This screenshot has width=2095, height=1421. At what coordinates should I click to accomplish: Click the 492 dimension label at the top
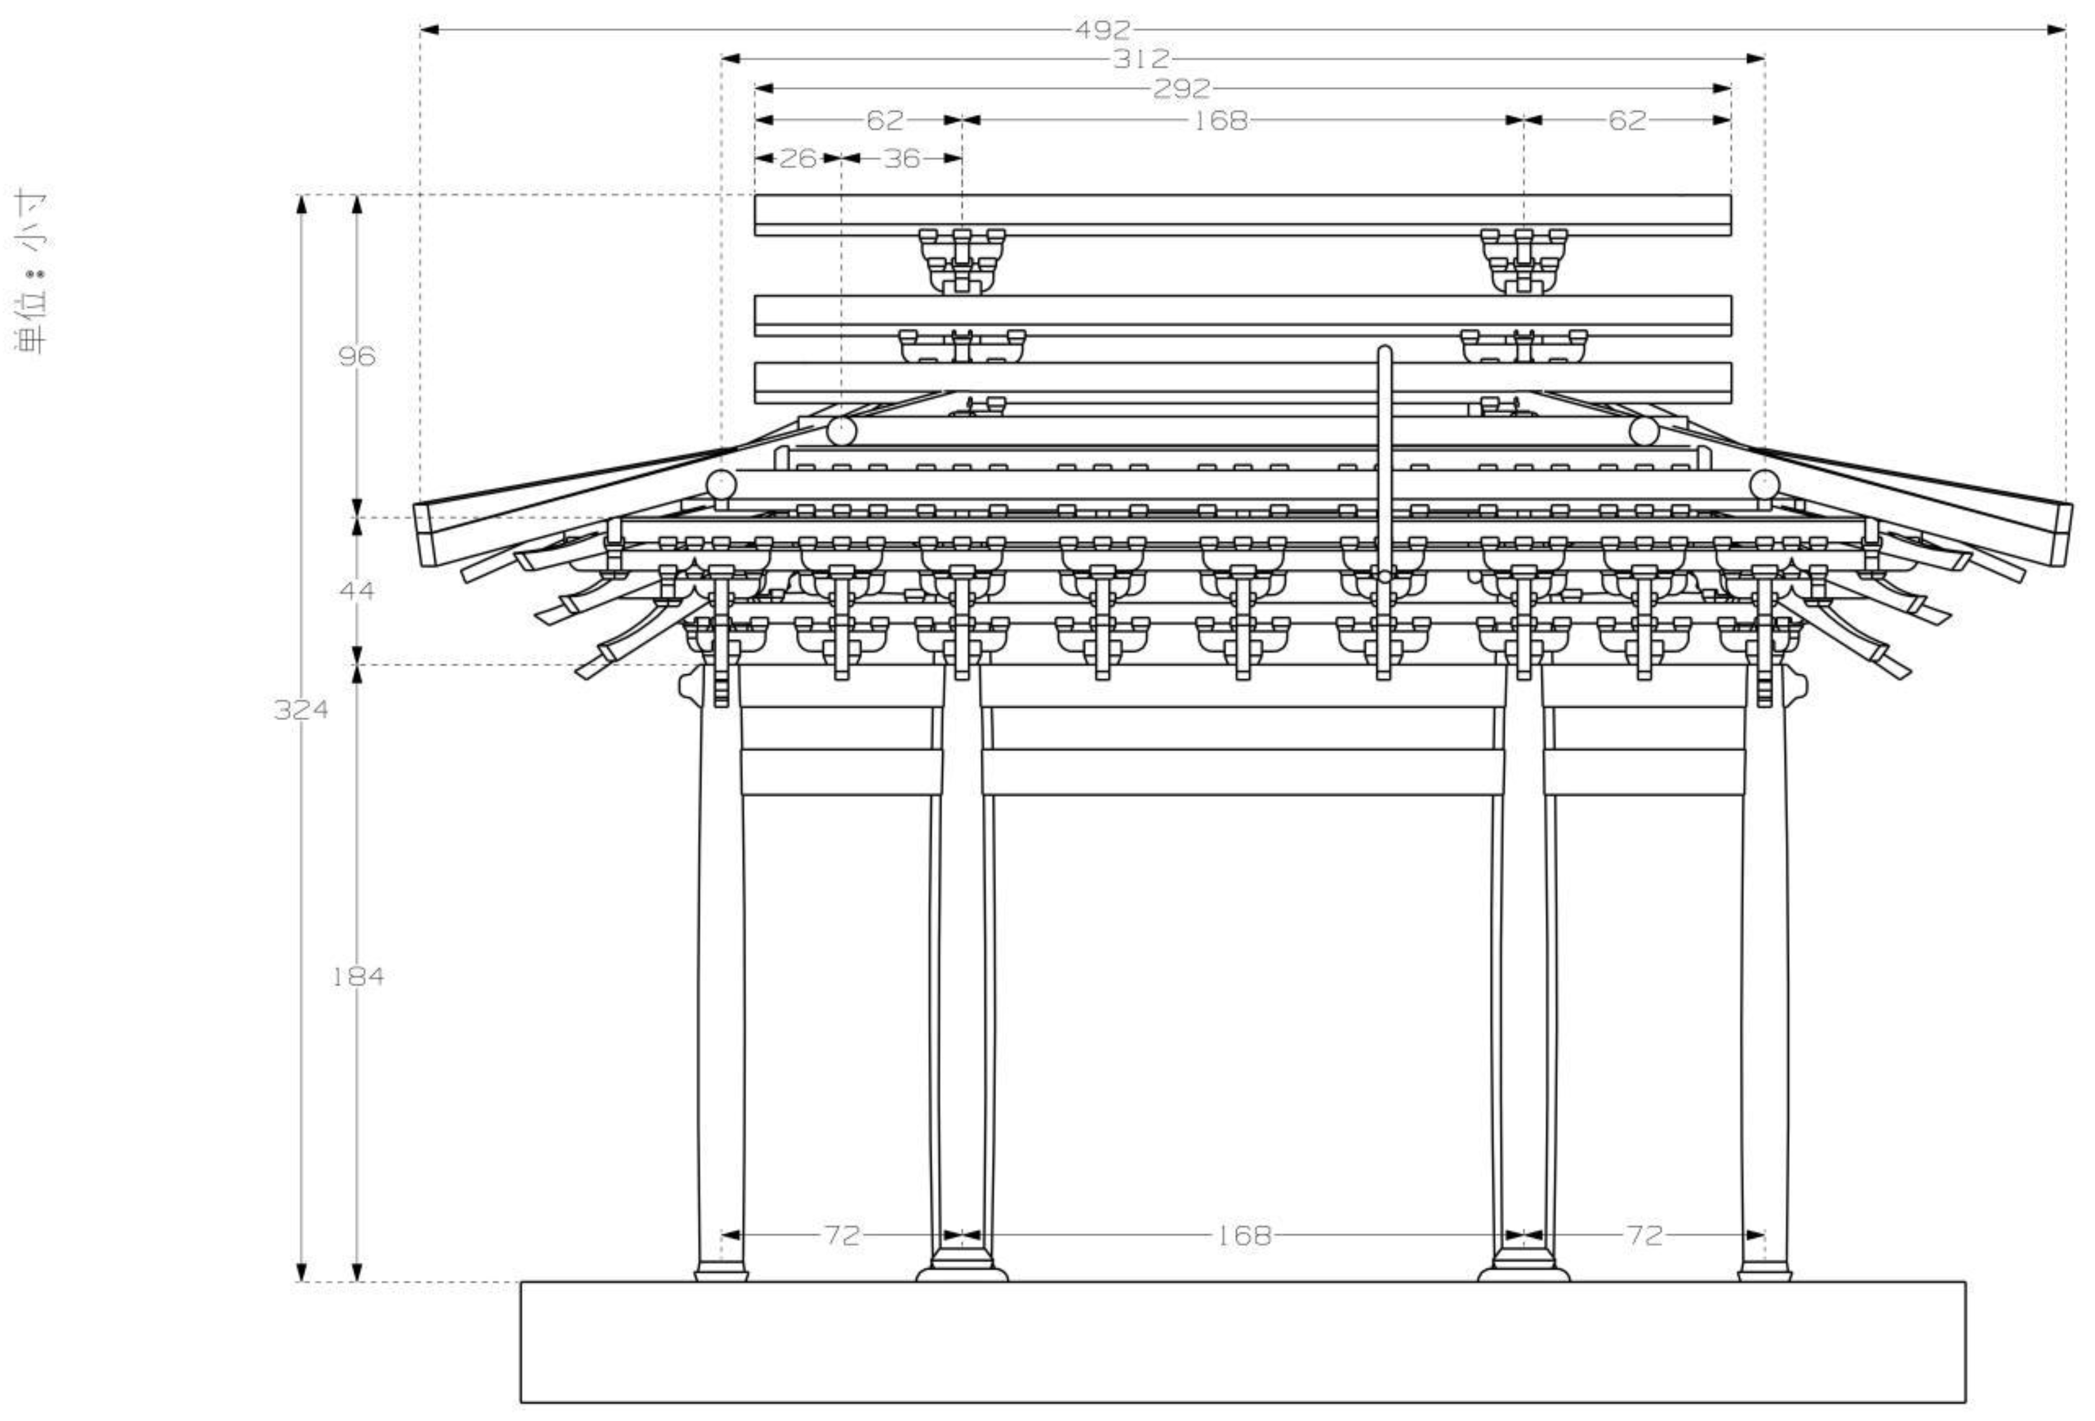[x=1101, y=30]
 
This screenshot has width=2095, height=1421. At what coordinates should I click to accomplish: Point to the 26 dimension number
[x=798, y=159]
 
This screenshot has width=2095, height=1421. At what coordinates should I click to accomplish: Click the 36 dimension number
[x=902, y=159]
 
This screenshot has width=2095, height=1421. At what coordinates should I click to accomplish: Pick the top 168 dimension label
[x=1221, y=120]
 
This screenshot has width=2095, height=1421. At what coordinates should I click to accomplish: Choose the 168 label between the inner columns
[x=1244, y=1235]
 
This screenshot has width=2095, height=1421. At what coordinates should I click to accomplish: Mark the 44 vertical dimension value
[x=357, y=591]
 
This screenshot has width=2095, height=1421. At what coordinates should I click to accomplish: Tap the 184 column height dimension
[x=358, y=976]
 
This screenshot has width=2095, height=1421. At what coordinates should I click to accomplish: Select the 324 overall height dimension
[x=301, y=710]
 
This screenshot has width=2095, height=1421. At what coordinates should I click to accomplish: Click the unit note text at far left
[x=32, y=270]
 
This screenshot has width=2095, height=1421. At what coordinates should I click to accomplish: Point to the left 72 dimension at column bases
[x=842, y=1235]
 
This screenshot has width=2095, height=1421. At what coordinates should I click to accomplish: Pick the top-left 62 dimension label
[x=885, y=120]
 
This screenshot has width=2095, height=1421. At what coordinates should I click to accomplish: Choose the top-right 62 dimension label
[x=1627, y=120]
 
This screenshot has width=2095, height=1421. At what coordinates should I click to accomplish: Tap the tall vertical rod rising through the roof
[x=1385, y=451]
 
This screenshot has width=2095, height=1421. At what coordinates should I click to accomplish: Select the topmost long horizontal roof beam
[x=1242, y=214]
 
